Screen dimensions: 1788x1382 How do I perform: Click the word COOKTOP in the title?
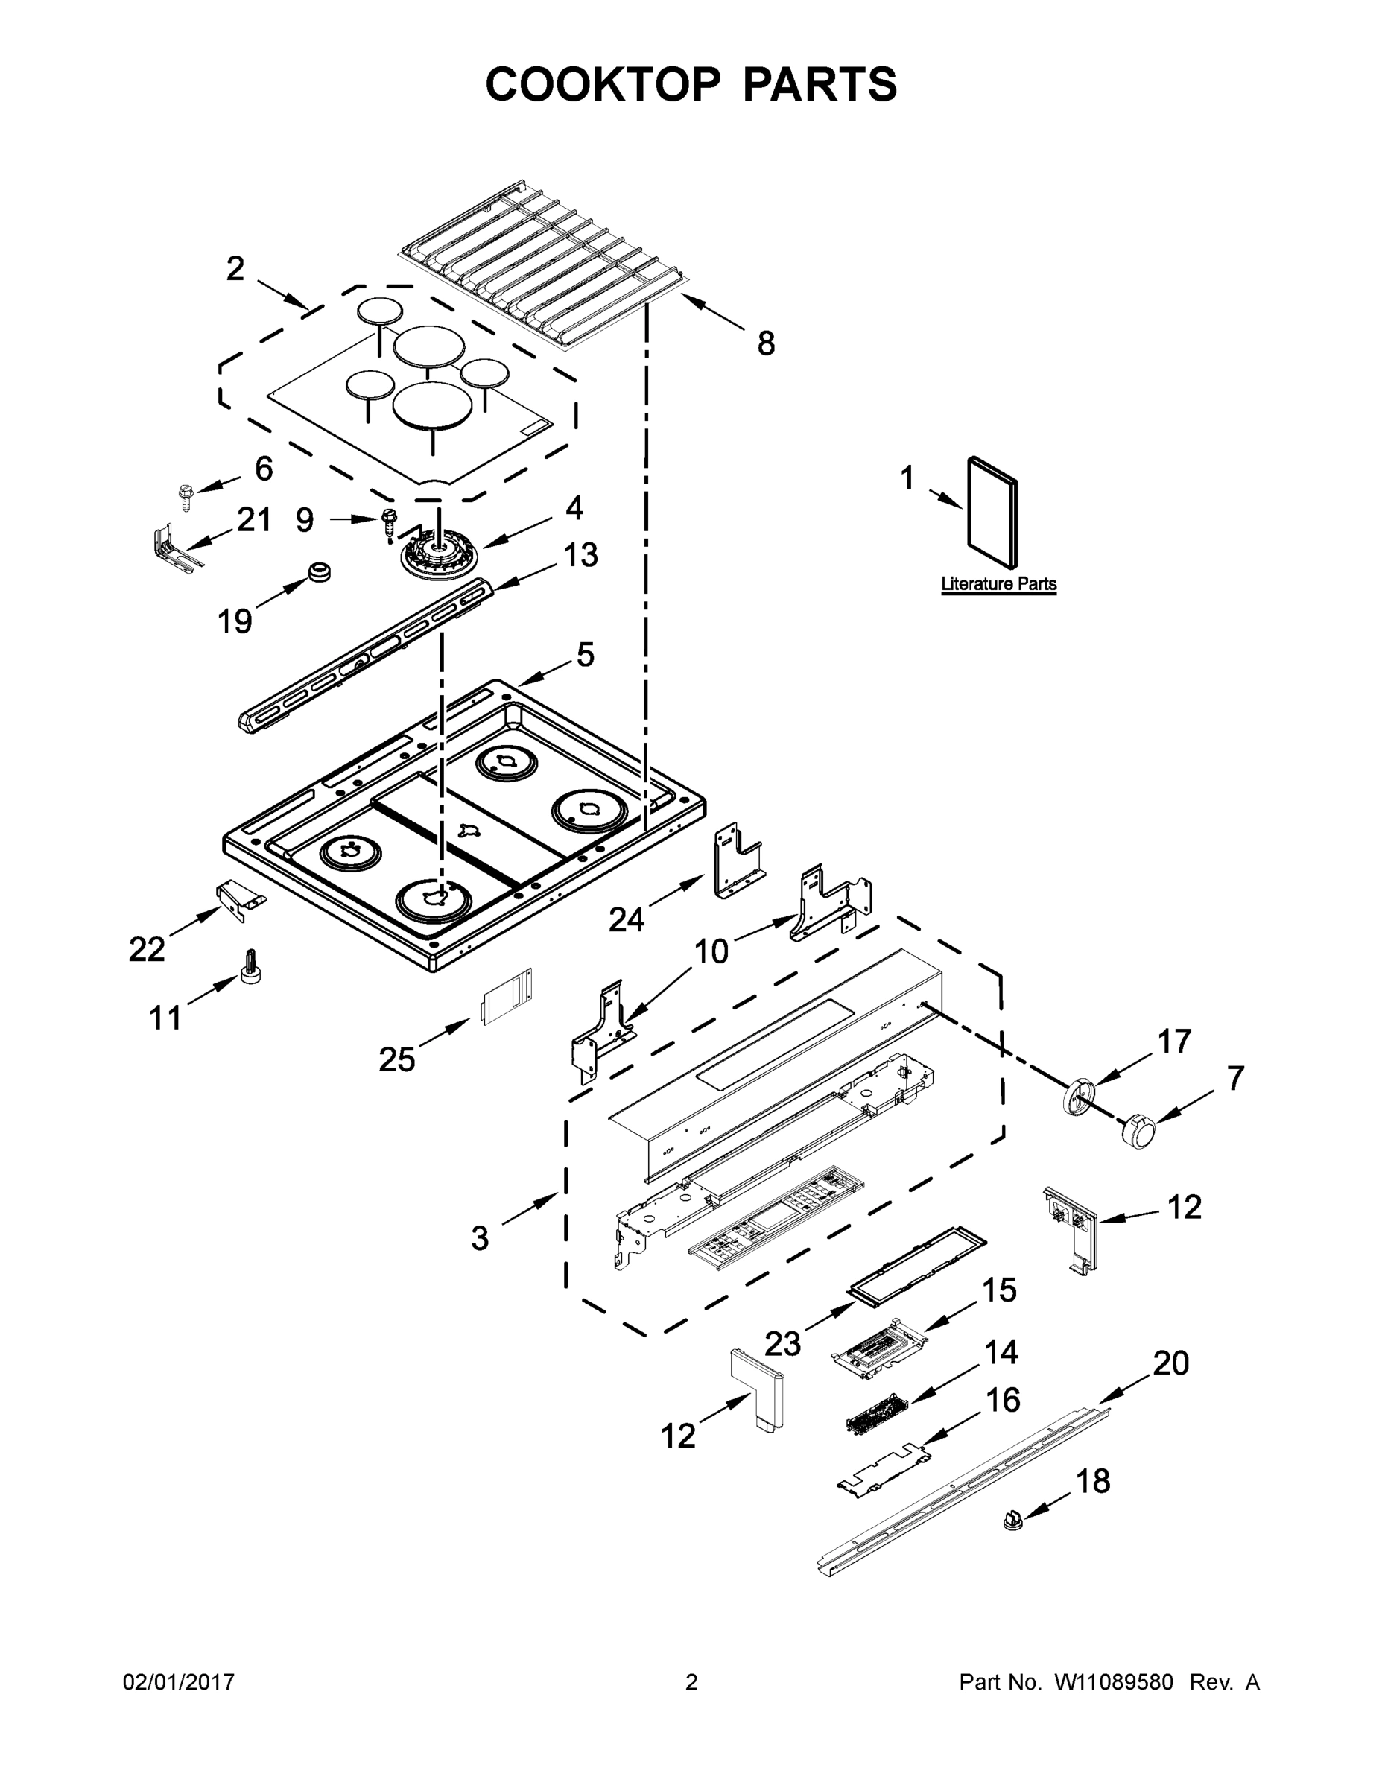click(603, 84)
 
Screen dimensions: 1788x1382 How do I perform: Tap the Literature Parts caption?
click(998, 585)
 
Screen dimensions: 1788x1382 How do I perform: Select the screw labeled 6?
click(183, 496)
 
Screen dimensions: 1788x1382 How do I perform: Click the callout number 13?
click(580, 555)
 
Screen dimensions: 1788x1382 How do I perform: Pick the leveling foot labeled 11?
click(250, 968)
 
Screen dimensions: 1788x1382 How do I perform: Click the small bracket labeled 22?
click(237, 897)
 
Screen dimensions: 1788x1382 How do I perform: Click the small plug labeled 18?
click(1013, 1521)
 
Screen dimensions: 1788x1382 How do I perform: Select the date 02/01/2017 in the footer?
click(179, 1683)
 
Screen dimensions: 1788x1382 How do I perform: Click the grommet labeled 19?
click(317, 572)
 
